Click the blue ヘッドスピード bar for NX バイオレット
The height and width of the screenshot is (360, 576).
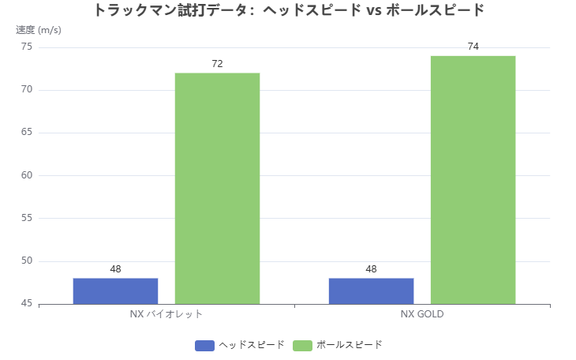(x=115, y=291)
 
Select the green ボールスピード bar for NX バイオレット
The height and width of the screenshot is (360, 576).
(x=217, y=188)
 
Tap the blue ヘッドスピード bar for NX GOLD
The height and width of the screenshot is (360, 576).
(x=371, y=291)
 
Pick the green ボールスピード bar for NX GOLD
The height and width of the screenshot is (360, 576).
(x=473, y=180)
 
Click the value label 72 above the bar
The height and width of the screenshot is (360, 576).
(x=217, y=63)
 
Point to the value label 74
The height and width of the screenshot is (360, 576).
(x=473, y=47)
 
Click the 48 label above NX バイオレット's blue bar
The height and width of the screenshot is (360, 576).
(x=115, y=269)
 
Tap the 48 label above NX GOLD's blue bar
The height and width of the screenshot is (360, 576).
(x=371, y=269)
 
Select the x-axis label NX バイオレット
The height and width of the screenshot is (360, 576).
(x=166, y=313)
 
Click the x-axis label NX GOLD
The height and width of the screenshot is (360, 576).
(x=422, y=313)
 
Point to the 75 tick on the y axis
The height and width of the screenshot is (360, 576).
(x=27, y=47)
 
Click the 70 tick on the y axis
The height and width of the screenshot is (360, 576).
(x=27, y=90)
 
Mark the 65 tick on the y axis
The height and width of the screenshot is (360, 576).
(x=27, y=133)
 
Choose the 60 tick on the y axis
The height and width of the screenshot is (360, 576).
(x=27, y=175)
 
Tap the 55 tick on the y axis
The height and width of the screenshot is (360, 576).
(x=27, y=218)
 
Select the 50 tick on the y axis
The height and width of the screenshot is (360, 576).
(x=27, y=261)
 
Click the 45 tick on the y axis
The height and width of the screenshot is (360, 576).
(x=27, y=304)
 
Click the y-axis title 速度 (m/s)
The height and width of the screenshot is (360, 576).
(x=39, y=30)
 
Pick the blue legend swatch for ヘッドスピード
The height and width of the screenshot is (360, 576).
(x=204, y=345)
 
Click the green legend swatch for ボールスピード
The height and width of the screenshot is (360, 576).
(x=302, y=345)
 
